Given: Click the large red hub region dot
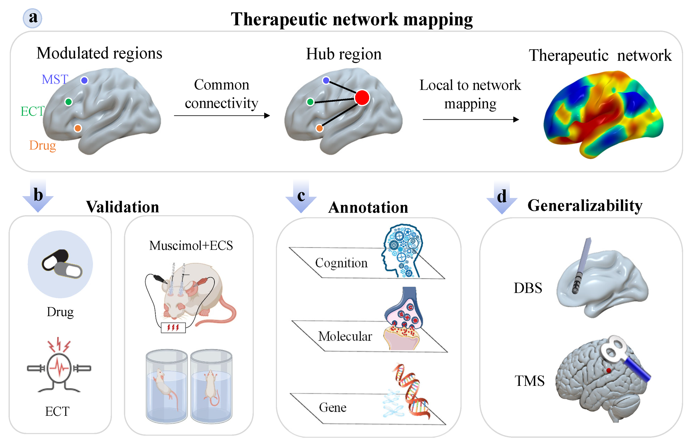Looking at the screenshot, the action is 362,98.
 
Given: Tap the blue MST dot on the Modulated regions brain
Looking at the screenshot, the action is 84,80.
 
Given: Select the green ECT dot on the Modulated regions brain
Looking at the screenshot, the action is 69,102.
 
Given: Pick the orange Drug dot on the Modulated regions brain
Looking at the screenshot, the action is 78,128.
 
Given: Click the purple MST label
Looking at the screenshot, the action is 55,79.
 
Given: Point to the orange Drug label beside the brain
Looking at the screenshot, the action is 43,146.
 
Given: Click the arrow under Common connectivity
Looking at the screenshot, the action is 222,115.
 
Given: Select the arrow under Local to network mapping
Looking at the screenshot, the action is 471,119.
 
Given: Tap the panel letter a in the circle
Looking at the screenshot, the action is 33,18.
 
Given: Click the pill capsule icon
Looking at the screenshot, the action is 62,264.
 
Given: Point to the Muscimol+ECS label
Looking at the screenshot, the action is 191,245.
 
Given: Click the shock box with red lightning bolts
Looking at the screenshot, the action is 173,328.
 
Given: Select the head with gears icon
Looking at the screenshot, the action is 402,250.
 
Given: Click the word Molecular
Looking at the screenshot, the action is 345,336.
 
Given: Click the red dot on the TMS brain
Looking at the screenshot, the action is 608,370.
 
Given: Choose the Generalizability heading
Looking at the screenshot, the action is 585,205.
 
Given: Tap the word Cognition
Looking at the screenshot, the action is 341,263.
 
